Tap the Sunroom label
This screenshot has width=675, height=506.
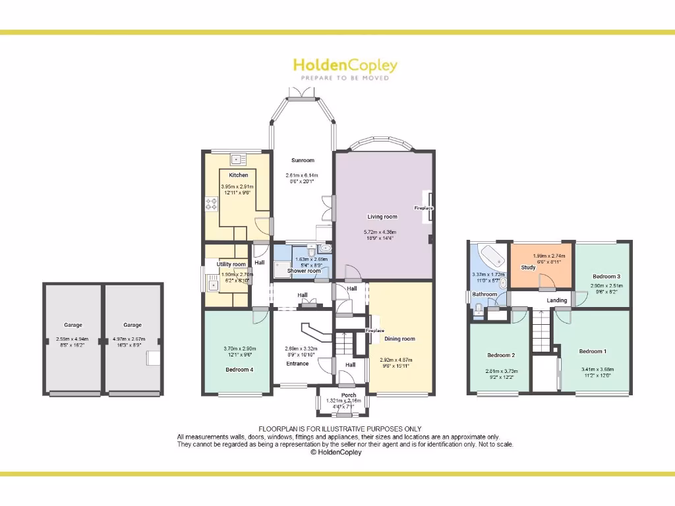[303, 160]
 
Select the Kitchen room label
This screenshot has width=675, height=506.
[239, 175]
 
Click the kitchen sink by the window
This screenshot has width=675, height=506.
[237, 159]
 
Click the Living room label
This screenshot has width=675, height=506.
[382, 217]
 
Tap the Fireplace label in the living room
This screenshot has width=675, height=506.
[424, 208]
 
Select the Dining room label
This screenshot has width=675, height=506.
[399, 339]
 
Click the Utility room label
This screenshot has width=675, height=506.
[230, 264]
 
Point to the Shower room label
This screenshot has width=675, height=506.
[304, 271]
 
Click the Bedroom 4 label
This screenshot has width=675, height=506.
[239, 370]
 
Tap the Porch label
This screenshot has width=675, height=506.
[348, 395]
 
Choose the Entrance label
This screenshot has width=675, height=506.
[297, 364]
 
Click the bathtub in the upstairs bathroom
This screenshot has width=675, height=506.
[489, 255]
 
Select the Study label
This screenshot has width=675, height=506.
[528, 268]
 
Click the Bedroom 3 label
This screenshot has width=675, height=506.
[606, 276]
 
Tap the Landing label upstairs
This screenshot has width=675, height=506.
[557, 300]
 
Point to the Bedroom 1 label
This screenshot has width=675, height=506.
[591, 351]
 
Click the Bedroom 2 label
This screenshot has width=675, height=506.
[500, 355]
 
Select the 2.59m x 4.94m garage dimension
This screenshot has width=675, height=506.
[73, 339]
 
